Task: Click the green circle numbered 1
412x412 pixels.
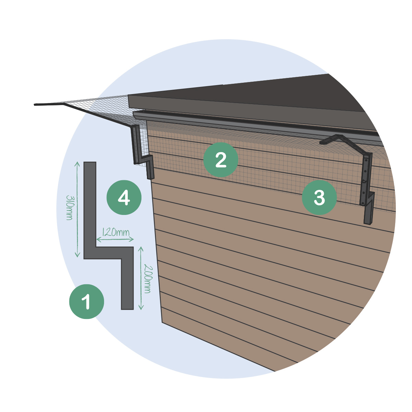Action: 87,302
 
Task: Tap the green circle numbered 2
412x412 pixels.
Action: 221,160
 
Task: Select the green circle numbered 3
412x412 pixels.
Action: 319,197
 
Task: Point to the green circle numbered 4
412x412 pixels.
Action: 124,197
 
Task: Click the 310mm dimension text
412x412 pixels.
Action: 69,207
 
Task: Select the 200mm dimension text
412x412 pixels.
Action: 148,279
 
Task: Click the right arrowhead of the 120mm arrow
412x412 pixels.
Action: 132,239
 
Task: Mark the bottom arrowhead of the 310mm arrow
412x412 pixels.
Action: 77,255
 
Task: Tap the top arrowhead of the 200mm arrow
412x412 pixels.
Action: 141,249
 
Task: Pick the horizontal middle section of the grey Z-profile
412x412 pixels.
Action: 108,253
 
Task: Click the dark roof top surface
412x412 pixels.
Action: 267,92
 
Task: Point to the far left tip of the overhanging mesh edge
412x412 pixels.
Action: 34,105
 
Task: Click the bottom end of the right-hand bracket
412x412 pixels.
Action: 367,223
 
